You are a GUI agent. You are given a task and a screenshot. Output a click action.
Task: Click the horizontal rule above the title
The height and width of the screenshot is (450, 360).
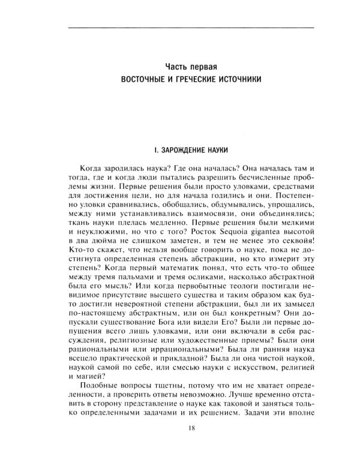click(191, 28)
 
